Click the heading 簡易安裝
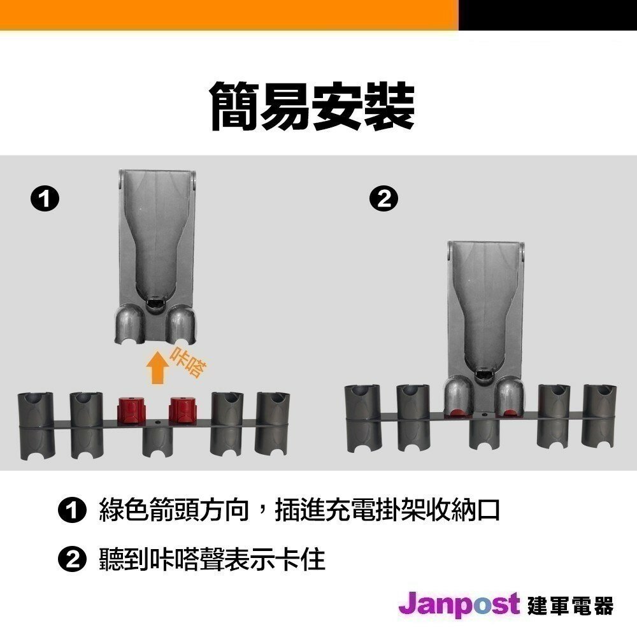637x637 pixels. click(x=312, y=106)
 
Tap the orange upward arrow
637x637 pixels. click(x=157, y=368)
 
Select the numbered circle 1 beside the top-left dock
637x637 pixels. click(x=45, y=199)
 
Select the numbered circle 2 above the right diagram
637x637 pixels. click(x=384, y=199)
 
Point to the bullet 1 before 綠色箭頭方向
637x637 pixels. click(x=73, y=510)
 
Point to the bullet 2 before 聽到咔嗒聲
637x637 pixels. click(x=73, y=560)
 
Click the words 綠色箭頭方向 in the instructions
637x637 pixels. click(x=174, y=510)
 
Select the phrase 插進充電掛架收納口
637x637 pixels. click(x=387, y=510)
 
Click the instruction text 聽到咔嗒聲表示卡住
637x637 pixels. click(x=212, y=559)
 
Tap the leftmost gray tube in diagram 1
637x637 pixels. click(x=36, y=426)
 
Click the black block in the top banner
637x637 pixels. click(x=548, y=15)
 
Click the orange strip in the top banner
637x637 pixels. click(x=229, y=15)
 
